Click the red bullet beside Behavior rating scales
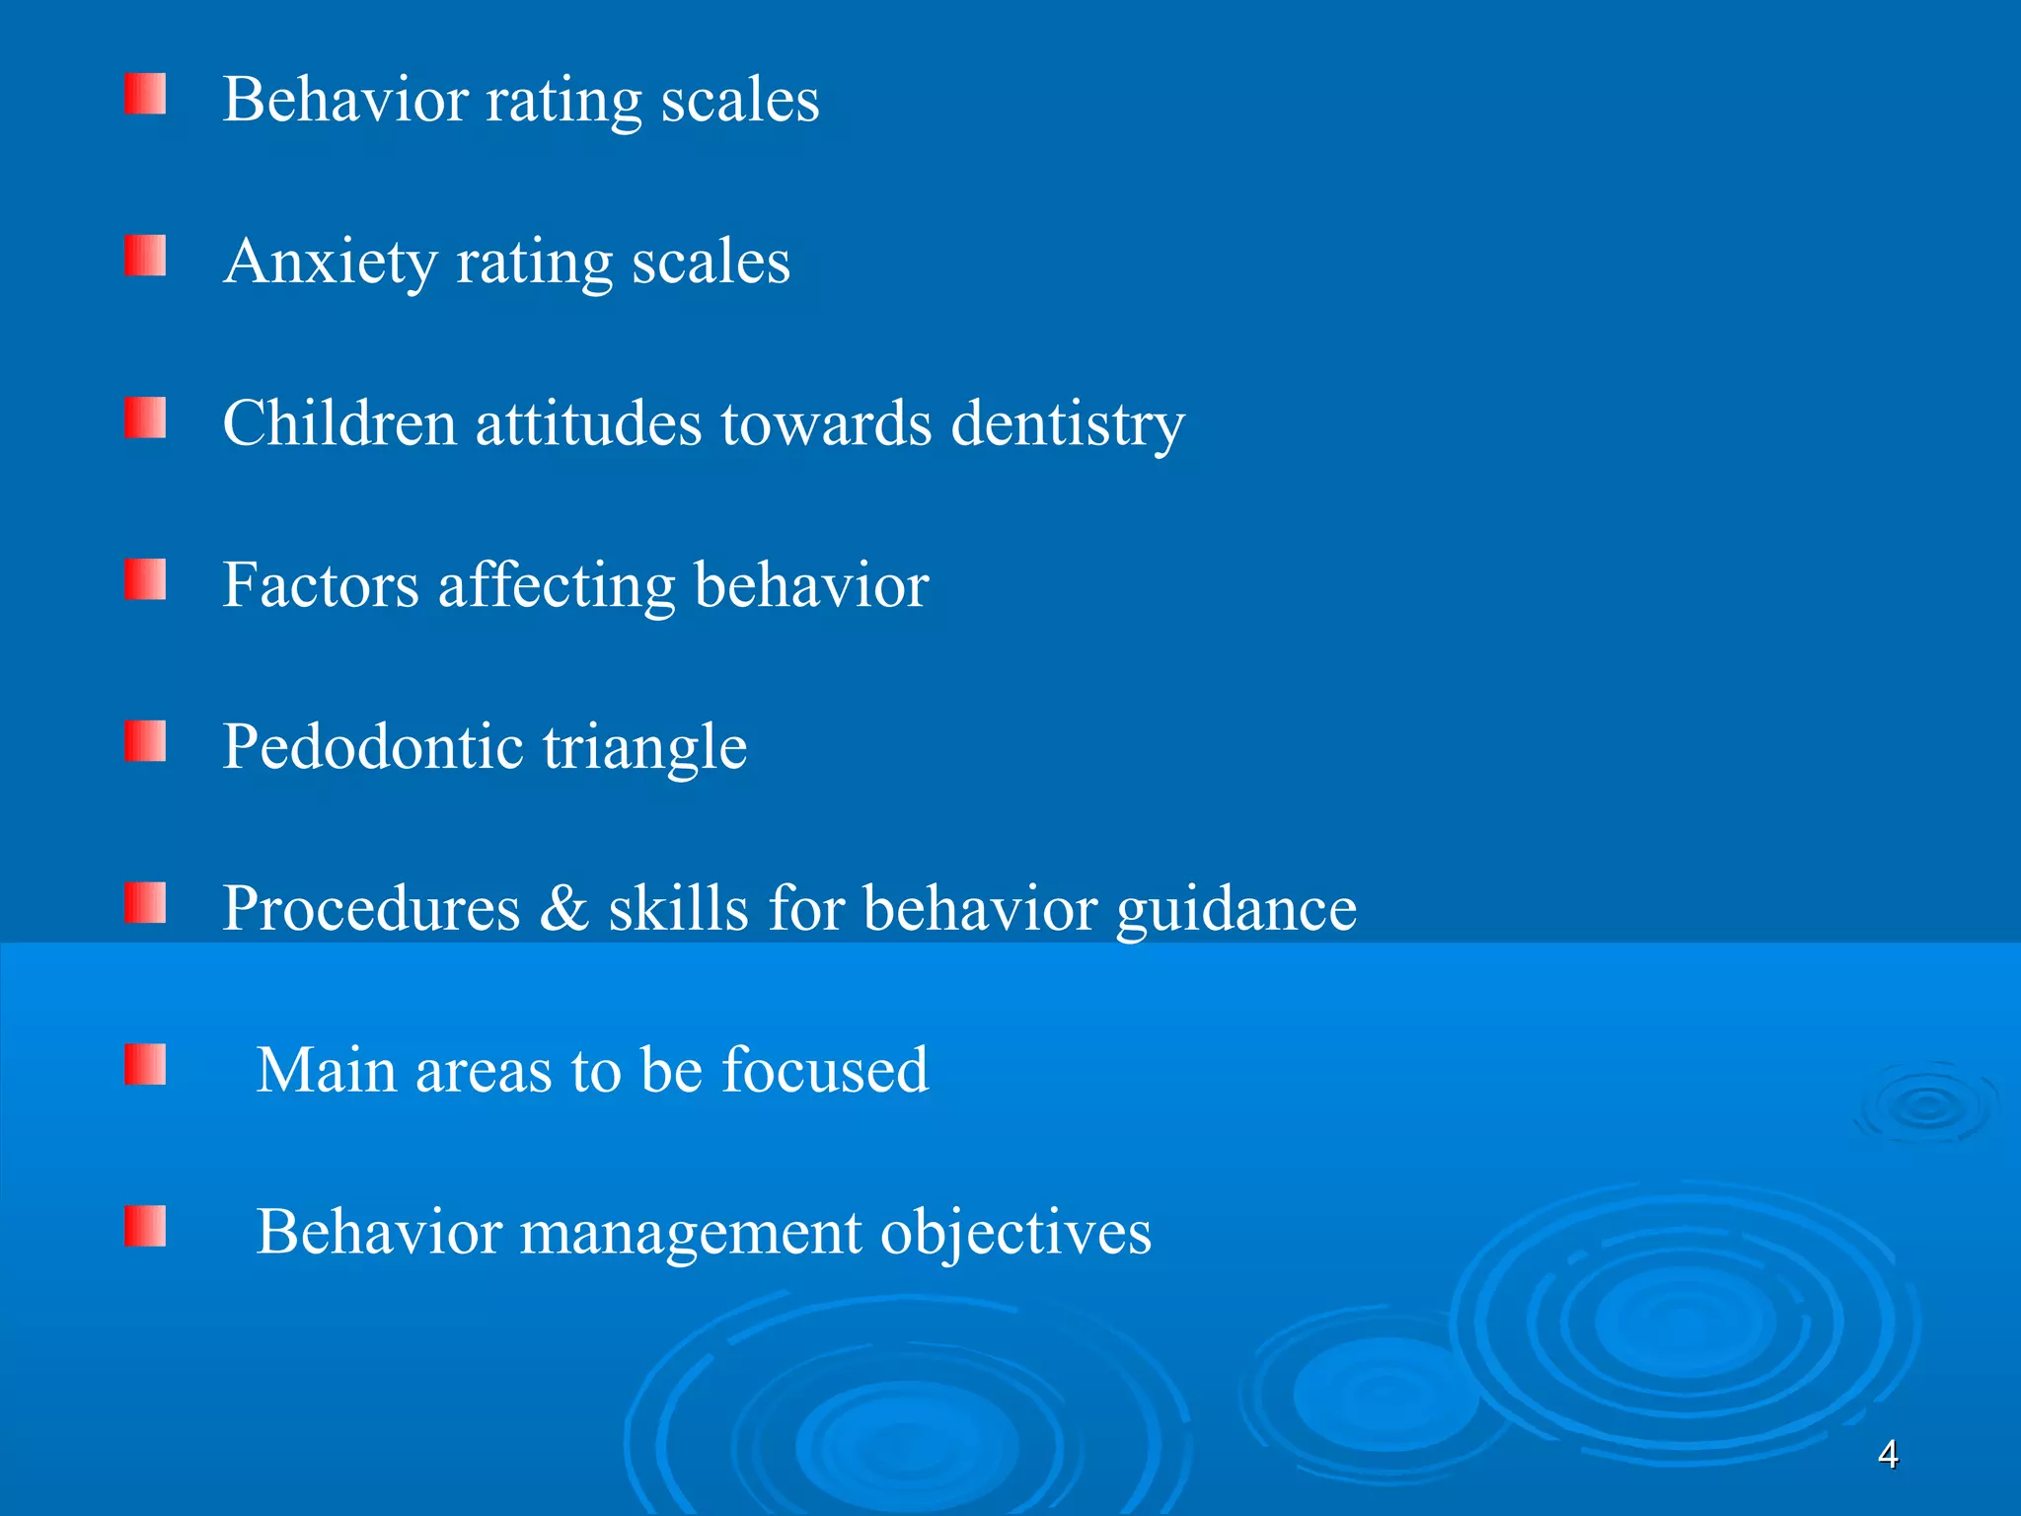point(145,94)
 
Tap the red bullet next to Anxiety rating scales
point(145,256)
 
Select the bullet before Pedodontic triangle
point(145,741)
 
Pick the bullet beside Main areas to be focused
point(145,1065)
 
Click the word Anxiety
point(330,264)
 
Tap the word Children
point(340,423)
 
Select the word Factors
point(321,585)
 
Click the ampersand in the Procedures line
point(563,909)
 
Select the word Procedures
point(371,909)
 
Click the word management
point(690,1235)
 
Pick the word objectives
point(1015,1235)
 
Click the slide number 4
point(1888,1455)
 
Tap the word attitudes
point(588,423)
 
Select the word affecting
point(557,587)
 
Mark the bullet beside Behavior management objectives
point(145,1227)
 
